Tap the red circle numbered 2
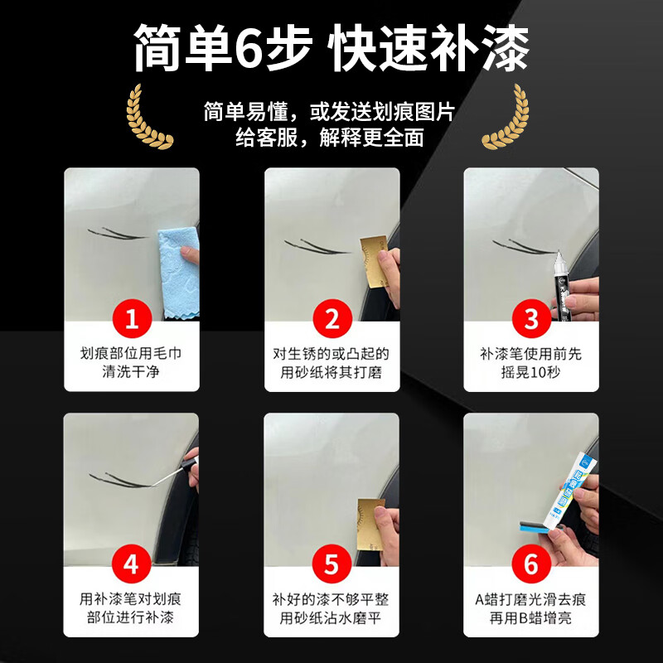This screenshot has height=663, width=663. click(331, 318)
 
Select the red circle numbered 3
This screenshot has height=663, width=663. click(531, 318)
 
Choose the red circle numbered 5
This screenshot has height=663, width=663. click(331, 564)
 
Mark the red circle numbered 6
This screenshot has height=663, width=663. click(531, 564)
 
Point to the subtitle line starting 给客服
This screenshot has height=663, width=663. click(329, 137)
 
